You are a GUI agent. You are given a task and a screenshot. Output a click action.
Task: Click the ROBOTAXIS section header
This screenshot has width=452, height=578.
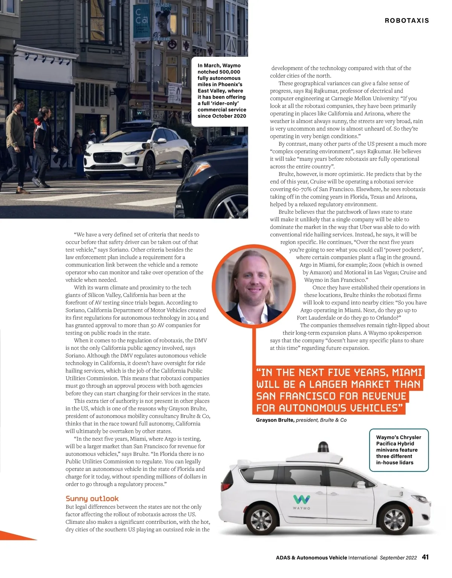(407, 21)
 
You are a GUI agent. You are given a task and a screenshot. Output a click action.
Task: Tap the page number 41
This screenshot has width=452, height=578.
(425, 557)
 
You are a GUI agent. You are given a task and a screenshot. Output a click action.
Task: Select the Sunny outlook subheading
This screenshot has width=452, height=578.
(92, 499)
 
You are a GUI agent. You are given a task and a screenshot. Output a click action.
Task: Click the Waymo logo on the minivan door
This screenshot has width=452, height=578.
(302, 500)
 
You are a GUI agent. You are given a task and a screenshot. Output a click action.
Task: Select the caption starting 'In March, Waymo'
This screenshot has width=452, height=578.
(222, 91)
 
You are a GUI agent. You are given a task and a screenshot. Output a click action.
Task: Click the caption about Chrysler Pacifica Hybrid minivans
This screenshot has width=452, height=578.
(399, 450)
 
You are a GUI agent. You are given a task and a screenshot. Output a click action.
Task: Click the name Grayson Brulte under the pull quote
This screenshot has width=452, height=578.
(275, 420)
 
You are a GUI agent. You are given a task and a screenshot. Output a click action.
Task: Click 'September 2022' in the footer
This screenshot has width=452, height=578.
(398, 558)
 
